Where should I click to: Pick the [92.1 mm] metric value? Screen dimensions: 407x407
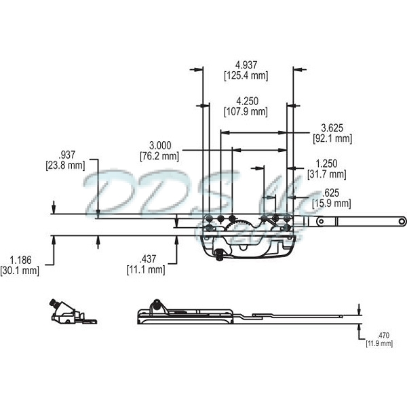pyautogui.click(x=332, y=138)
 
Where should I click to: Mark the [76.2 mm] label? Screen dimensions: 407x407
pyautogui.click(x=159, y=155)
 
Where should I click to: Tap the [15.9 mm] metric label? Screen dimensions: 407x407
pyautogui.click(x=332, y=202)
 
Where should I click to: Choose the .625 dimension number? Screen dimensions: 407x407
pyautogui.click(x=330, y=193)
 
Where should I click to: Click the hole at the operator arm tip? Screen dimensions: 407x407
pyautogui.click(x=402, y=220)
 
